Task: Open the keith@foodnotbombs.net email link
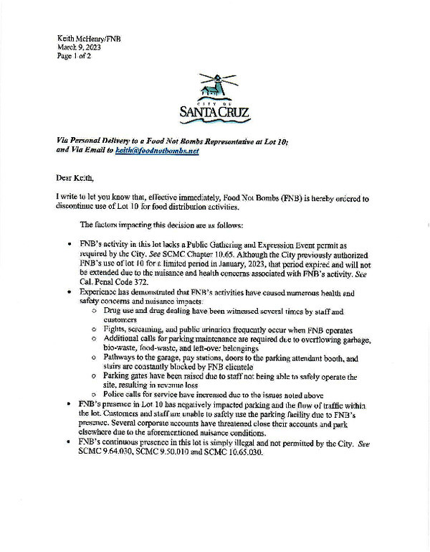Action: tap(157, 151)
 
